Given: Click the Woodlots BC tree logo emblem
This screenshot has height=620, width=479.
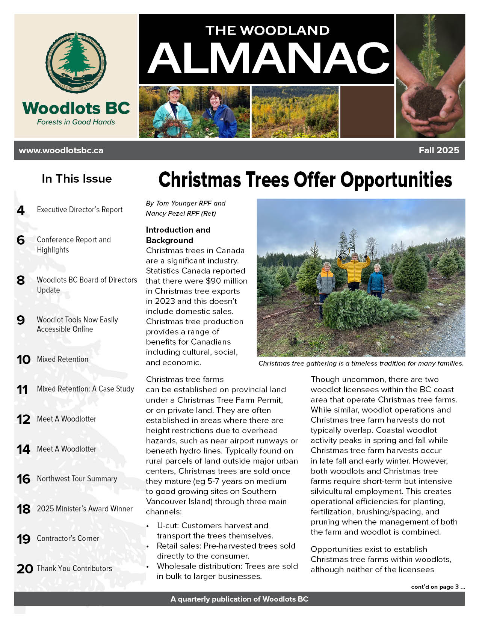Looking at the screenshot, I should pyautogui.click(x=76, y=62).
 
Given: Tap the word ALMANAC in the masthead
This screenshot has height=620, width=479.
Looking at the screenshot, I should pyautogui.click(x=268, y=59).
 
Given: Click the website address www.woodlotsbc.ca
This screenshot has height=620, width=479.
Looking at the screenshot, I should pyautogui.click(x=61, y=150).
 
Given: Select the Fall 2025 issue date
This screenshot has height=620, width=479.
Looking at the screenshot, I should pyautogui.click(x=439, y=150).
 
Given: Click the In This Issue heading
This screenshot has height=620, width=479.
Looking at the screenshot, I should pyautogui.click(x=77, y=178).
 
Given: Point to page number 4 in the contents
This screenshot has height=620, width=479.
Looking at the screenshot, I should pyautogui.click(x=21, y=210).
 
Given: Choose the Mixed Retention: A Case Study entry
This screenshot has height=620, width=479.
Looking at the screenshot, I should pyautogui.click(x=85, y=389).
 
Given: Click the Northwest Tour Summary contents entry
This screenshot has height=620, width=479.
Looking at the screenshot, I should pyautogui.click(x=77, y=479).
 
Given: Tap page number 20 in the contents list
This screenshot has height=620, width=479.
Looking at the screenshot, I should pyautogui.click(x=25, y=569).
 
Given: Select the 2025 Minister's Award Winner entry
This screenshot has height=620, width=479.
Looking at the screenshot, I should pyautogui.click(x=85, y=509).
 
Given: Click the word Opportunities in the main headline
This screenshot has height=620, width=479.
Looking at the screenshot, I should pyautogui.click(x=396, y=180).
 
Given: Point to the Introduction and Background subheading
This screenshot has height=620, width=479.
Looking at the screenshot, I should pyautogui.click(x=178, y=235).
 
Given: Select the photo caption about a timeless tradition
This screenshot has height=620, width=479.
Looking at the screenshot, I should pyautogui.click(x=361, y=363).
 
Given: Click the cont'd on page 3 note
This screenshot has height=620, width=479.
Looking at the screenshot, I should pyautogui.click(x=438, y=587).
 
